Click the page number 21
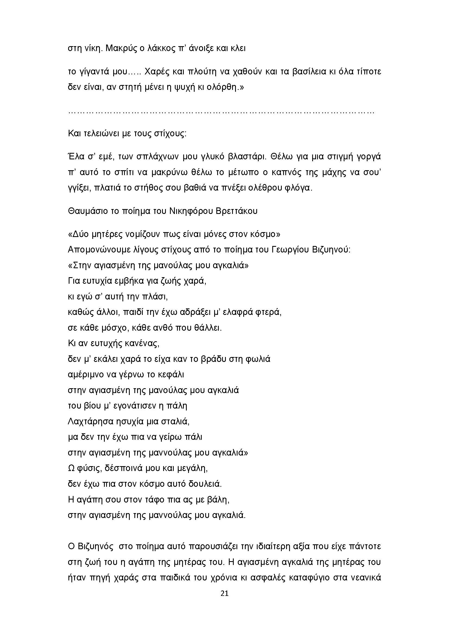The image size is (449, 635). pyautogui.click(x=224, y=601)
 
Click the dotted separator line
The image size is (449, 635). pyautogui.click(x=221, y=112)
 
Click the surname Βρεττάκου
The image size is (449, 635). pyautogui.click(x=237, y=211)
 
